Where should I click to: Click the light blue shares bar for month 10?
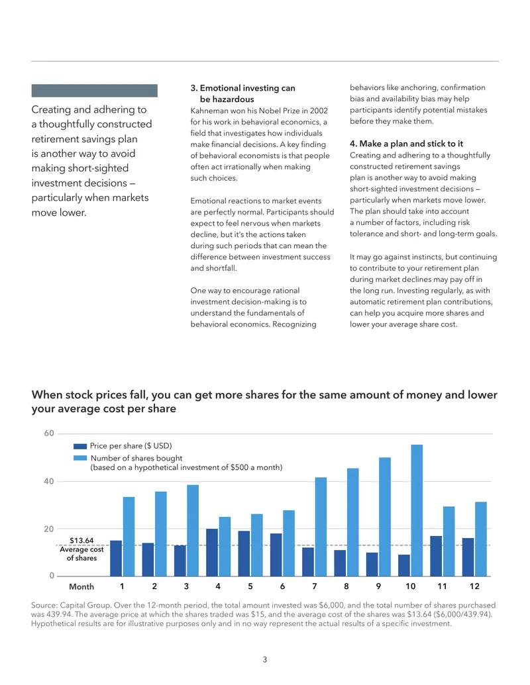pos(417,510)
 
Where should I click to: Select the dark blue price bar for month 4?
pos(212,553)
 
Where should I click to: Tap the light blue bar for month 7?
pos(321,527)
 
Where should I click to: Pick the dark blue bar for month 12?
pos(468,557)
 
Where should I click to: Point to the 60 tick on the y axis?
pos(49,434)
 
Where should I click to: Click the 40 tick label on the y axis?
pos(49,481)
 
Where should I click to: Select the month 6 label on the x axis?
pos(282,586)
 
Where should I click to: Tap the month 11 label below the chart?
pos(442,586)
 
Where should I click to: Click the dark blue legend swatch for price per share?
pos(80,446)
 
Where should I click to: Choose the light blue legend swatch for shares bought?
pos(80,458)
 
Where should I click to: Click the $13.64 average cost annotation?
pos(81,541)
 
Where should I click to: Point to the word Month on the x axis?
pos(81,586)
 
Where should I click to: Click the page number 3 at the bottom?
pos(264,659)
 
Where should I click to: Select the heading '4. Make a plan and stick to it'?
pos(406,144)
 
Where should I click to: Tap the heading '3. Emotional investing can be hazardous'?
pos(242,93)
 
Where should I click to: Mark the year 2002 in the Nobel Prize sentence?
pos(319,111)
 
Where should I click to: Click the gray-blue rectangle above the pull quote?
pos(95,91)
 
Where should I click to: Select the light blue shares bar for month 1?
pos(129,537)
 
